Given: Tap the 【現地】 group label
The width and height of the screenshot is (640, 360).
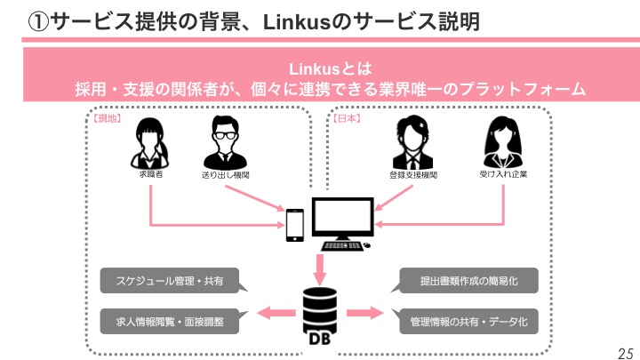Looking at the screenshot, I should point(108,117).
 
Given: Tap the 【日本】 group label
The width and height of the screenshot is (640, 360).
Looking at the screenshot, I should point(346,117).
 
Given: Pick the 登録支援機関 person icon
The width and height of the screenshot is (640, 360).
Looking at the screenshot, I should point(413,142).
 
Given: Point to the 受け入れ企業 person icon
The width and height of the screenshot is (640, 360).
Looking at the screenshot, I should point(502,140).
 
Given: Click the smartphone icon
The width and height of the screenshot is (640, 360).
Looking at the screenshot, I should point(295,225).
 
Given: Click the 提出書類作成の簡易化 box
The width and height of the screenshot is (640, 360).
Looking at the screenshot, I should point(468,282).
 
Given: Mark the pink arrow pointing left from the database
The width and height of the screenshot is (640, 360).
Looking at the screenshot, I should point(276,312).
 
